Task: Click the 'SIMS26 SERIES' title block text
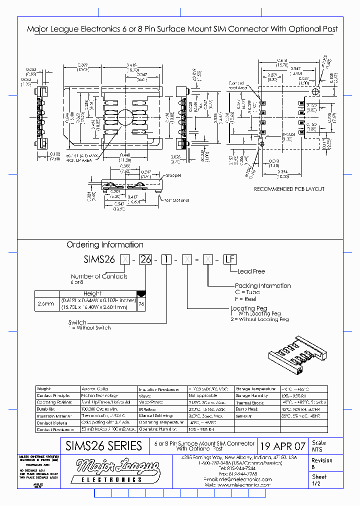tap(104, 445)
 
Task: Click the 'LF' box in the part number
tap(229, 259)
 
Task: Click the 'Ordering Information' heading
tap(105, 245)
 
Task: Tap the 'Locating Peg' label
tap(248, 308)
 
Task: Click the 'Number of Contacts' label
tap(99, 276)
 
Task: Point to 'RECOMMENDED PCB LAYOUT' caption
tap(289, 189)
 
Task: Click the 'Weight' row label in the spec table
tap(45, 388)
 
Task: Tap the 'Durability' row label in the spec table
tap(47, 409)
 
